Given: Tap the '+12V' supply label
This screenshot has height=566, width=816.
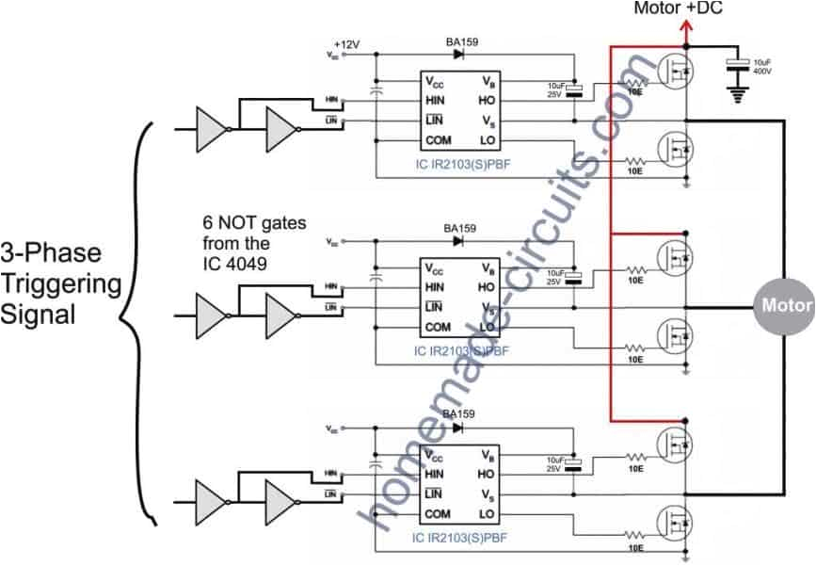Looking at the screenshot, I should [x=347, y=43].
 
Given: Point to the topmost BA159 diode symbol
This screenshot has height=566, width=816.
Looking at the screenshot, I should [x=458, y=55].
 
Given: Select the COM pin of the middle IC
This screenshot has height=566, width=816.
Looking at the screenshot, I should [x=438, y=328].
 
